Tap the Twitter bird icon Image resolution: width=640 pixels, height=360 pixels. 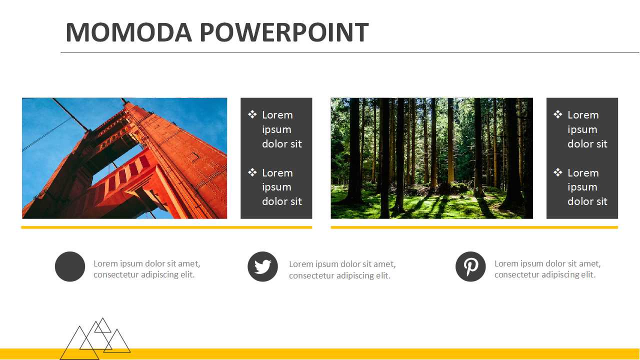pyautogui.click(x=262, y=266)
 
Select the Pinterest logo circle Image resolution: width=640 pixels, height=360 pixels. pyautogui.click(x=470, y=266)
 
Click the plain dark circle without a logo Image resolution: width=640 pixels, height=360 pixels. pyautogui.click(x=70, y=266)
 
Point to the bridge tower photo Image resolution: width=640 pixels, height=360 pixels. pyautogui.click(x=124, y=158)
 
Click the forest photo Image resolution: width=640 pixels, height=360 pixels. pyautogui.click(x=431, y=158)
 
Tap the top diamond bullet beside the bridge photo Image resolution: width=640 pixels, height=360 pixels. pyautogui.click(x=252, y=114)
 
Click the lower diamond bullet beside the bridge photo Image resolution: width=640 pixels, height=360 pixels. pyautogui.click(x=252, y=172)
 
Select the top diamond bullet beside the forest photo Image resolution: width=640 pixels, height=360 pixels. pyautogui.click(x=557, y=114)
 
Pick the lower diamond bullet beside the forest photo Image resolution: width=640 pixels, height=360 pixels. pyautogui.click(x=557, y=172)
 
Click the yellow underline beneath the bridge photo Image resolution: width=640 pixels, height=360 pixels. pyautogui.click(x=166, y=227)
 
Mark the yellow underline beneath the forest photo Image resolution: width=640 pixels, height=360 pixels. pyautogui.click(x=474, y=227)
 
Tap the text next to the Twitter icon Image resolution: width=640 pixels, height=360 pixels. pyautogui.click(x=342, y=269)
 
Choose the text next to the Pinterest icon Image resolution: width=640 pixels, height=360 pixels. pyautogui.click(x=547, y=269)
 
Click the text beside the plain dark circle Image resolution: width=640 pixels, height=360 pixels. pyautogui.click(x=147, y=269)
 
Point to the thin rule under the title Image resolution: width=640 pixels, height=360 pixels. pyautogui.click(x=350, y=52)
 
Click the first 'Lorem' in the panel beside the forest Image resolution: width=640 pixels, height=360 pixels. pyautogui.click(x=583, y=115)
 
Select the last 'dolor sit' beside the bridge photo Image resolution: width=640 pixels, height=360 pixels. pyautogui.click(x=281, y=201)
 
